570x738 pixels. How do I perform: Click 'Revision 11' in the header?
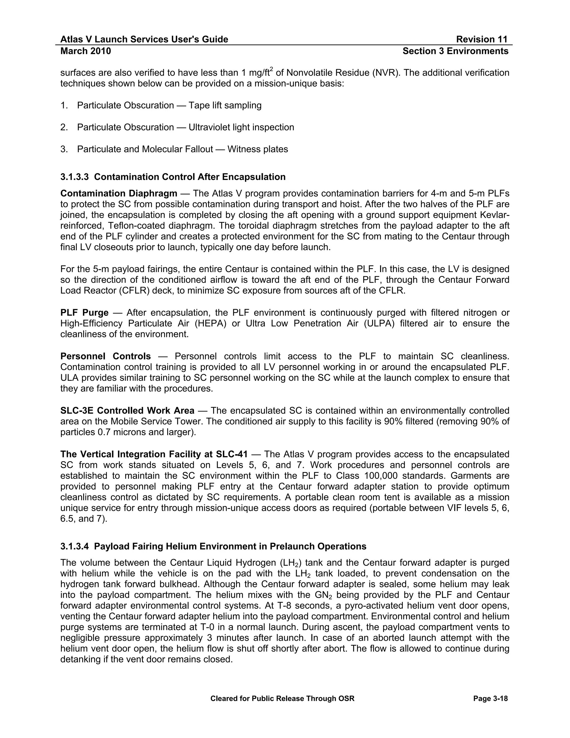pyautogui.click(x=481, y=39)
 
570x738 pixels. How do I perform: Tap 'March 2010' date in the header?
pyautogui.click(x=85, y=51)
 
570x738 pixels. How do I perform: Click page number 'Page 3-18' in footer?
pyautogui.click(x=490, y=698)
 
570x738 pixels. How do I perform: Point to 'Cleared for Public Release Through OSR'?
pyautogui.click(x=282, y=698)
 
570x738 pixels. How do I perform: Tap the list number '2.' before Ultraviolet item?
pyautogui.click(x=64, y=127)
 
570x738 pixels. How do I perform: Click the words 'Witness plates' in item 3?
pyautogui.click(x=258, y=149)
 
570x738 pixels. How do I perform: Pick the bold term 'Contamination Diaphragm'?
pyautogui.click(x=119, y=193)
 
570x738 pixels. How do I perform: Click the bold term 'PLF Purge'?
pyautogui.click(x=84, y=312)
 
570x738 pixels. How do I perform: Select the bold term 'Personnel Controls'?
pyautogui.click(x=105, y=356)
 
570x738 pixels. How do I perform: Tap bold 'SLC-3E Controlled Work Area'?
pyautogui.click(x=127, y=410)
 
